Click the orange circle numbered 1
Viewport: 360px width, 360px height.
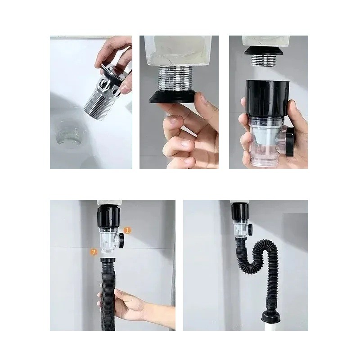(128, 230)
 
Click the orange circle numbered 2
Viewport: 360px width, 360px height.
(94, 252)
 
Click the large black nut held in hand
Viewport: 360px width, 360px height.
(266, 99)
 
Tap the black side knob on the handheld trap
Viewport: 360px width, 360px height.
(289, 144)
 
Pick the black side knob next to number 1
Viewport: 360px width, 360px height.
(121, 241)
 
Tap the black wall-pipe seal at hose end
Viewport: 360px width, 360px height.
(271, 317)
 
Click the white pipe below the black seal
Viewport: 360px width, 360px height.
(271, 327)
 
